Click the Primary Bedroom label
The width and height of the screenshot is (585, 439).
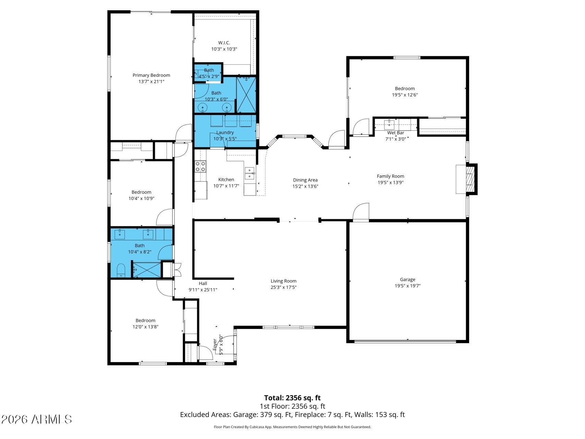pyautogui.click(x=151, y=75)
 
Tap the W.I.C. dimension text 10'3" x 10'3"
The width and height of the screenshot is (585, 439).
pyautogui.click(x=224, y=49)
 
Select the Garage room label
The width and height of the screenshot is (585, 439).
pyautogui.click(x=407, y=280)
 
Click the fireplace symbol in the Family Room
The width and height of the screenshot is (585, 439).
pyautogui.click(x=466, y=179)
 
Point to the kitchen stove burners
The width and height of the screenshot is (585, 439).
pyautogui.click(x=200, y=166)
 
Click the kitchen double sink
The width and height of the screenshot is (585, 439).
pyautogui.click(x=249, y=173)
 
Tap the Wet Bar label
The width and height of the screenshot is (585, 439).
pyautogui.click(x=396, y=133)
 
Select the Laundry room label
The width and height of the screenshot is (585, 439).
pyautogui.click(x=225, y=132)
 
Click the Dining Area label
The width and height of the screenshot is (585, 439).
pyautogui.click(x=305, y=180)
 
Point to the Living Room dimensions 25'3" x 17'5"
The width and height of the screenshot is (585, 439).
pyautogui.click(x=283, y=287)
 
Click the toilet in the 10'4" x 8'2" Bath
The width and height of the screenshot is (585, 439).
pyautogui.click(x=121, y=270)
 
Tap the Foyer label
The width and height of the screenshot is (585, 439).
pyautogui.click(x=215, y=344)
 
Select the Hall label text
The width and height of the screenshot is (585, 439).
pyautogui.click(x=203, y=283)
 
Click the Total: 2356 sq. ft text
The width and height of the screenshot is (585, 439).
pyautogui.click(x=292, y=398)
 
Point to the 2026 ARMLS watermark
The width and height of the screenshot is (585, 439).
pyautogui.click(x=37, y=419)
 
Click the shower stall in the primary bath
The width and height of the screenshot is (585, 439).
pyautogui.click(x=246, y=94)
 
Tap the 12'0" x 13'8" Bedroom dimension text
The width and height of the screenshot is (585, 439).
pyautogui.click(x=145, y=327)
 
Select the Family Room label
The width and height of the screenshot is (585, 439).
pyautogui.click(x=390, y=176)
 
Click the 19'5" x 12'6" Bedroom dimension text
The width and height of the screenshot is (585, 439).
pyautogui.click(x=405, y=95)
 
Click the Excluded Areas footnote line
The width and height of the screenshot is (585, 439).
pyautogui.click(x=292, y=415)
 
